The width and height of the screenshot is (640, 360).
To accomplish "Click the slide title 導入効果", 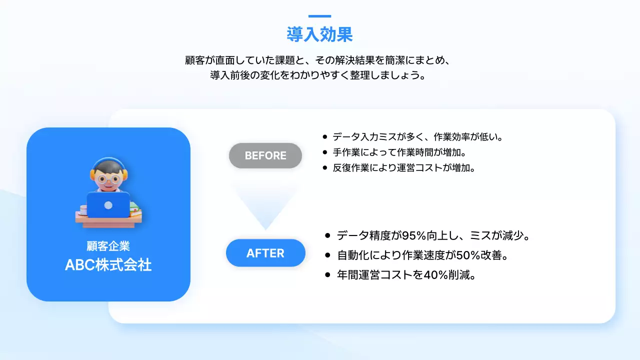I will [319, 34].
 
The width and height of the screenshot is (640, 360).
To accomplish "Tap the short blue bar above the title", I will [319, 16].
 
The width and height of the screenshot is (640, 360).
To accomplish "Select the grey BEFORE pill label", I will [265, 155].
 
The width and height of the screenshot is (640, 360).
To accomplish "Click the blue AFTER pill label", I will [265, 253].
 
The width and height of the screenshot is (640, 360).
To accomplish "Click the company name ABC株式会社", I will [108, 265].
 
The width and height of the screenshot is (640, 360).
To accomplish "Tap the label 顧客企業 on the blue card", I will [108, 246].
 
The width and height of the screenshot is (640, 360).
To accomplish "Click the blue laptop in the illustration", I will [108, 205].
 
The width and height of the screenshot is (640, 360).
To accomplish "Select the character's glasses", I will [108, 178].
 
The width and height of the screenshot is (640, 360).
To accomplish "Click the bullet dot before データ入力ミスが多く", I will [325, 136].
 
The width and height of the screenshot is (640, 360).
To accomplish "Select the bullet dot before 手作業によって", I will [325, 152].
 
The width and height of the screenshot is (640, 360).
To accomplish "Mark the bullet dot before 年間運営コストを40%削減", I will [327, 275].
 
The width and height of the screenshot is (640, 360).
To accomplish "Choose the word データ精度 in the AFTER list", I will [364, 235].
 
